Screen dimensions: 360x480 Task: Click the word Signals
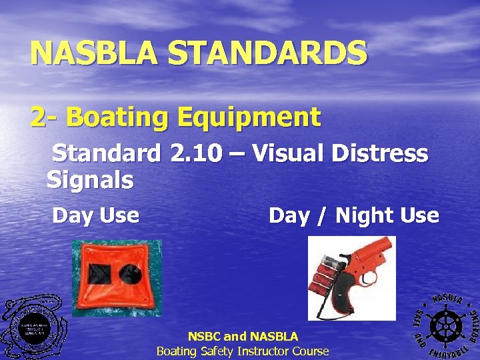pos(90,179)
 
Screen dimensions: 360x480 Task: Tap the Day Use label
pos(95,216)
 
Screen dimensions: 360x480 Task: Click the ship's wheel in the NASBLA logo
pos(443,325)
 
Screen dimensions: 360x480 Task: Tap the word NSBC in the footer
pos(206,337)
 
